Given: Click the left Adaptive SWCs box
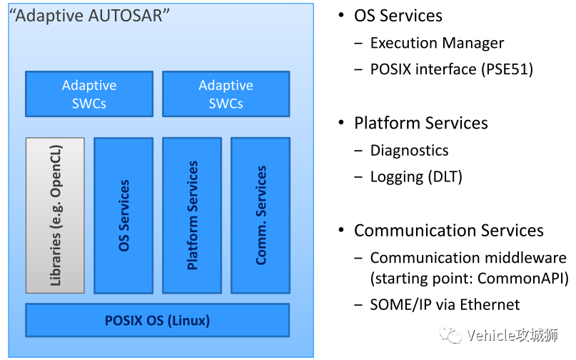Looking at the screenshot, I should click(x=89, y=94).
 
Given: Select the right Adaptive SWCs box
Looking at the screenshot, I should click(x=226, y=94).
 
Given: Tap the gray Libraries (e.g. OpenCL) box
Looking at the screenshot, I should click(x=55, y=215).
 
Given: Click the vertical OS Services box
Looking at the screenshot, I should click(x=123, y=215).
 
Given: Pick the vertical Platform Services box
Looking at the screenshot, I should click(x=192, y=215).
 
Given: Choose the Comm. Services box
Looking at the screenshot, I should click(x=261, y=215).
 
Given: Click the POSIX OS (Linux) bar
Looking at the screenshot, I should click(x=157, y=320).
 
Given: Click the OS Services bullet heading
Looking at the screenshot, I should click(x=398, y=16).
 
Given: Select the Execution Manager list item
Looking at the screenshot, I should click(x=437, y=43).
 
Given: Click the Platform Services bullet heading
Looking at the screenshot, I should click(x=420, y=123).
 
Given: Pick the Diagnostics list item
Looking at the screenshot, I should click(x=409, y=150).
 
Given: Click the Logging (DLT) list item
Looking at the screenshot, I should click(x=416, y=176).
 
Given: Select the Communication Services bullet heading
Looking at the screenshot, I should click(x=448, y=231).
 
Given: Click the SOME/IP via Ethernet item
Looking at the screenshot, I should click(x=445, y=305).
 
